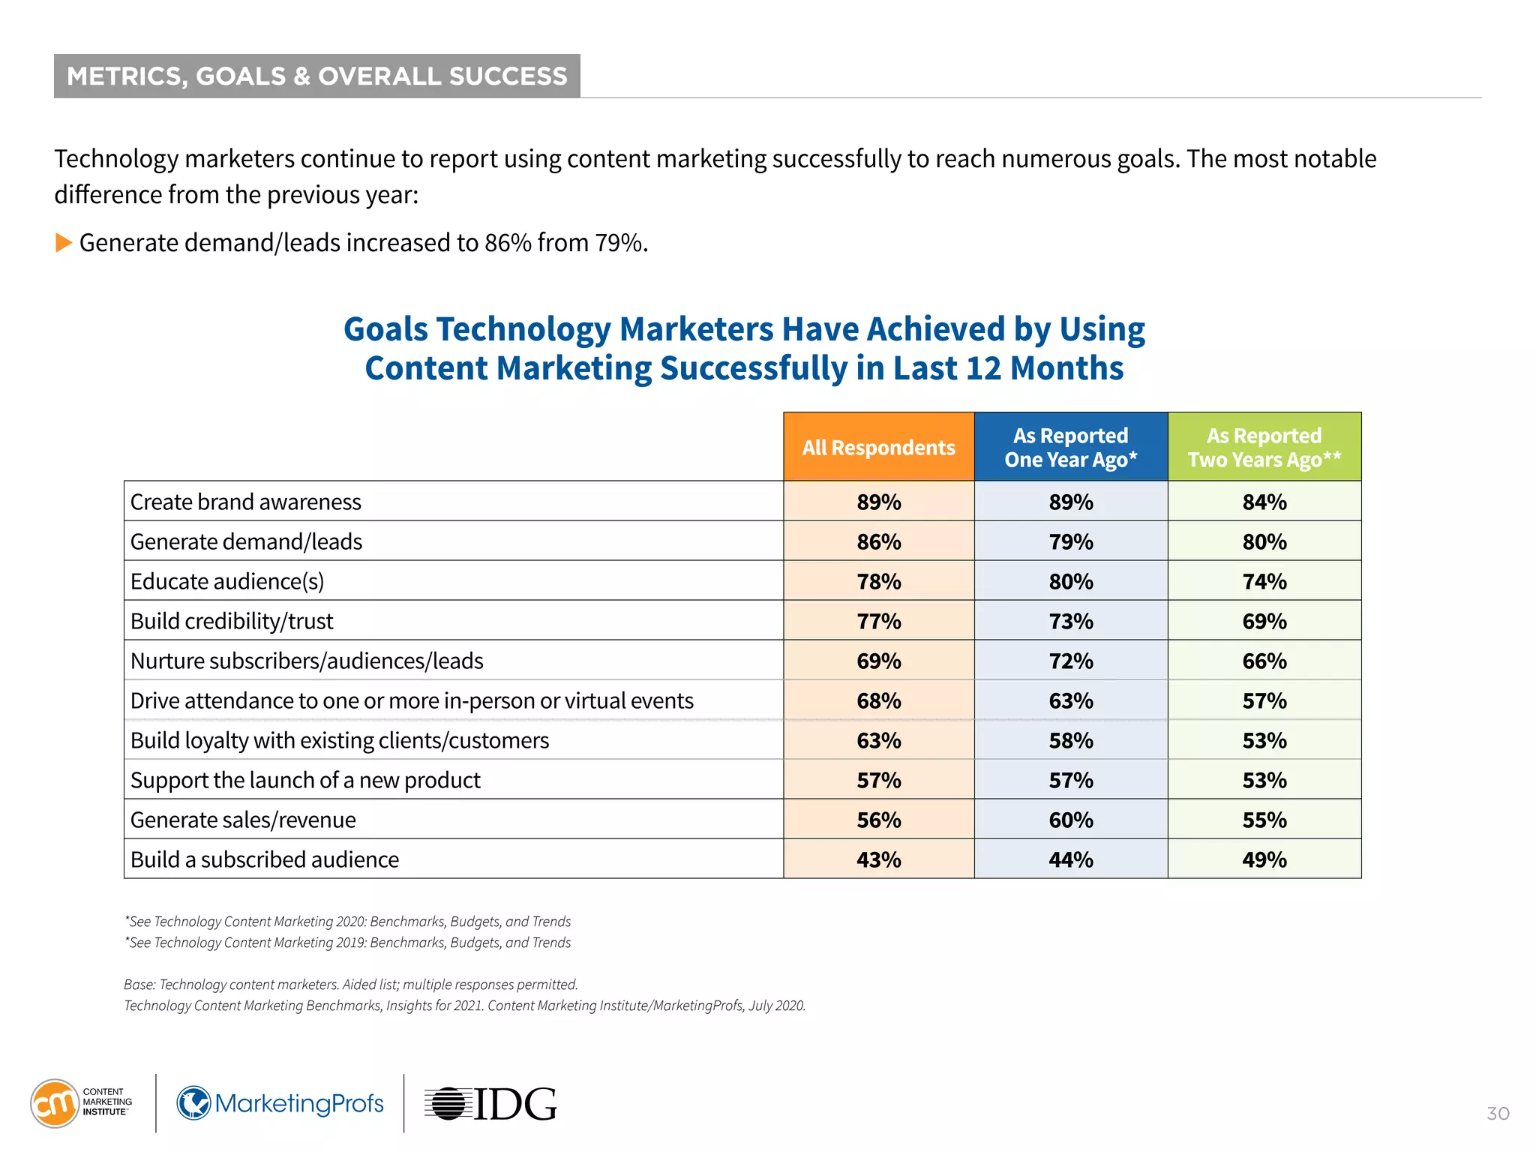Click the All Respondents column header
(x=878, y=447)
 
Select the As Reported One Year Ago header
(x=1070, y=447)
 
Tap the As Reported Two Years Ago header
(x=1264, y=447)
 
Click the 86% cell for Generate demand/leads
(x=878, y=541)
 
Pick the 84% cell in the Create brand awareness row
(x=1264, y=502)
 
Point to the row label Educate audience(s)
(x=227, y=581)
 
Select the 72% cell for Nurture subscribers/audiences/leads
(x=1070, y=661)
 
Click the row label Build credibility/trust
(x=232, y=621)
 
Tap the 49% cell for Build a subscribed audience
(x=1264, y=859)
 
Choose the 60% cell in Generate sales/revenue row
(x=1070, y=820)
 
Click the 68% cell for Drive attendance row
(x=878, y=700)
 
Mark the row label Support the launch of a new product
(x=305, y=780)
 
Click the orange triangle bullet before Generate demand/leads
(x=64, y=243)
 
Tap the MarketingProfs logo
(x=280, y=1103)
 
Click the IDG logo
(x=491, y=1104)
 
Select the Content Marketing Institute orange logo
(x=55, y=1103)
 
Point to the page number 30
(x=1498, y=1114)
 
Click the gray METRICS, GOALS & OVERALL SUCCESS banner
(x=316, y=76)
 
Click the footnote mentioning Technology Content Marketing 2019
(x=348, y=943)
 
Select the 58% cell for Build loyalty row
(x=1070, y=740)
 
